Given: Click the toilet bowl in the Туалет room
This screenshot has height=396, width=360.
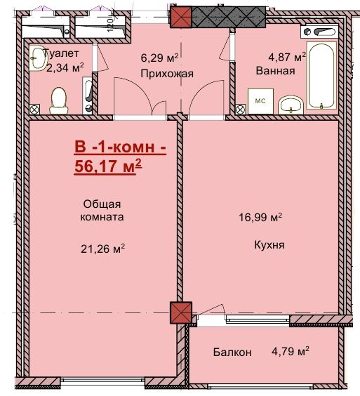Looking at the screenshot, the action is click(58, 100).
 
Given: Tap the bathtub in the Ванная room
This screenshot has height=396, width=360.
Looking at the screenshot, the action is click(321, 76).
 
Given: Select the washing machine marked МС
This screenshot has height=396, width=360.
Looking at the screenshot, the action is click(260, 101).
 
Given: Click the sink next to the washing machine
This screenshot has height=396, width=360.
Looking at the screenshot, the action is click(291, 105).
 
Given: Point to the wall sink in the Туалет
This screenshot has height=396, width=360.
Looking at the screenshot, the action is click(39, 58).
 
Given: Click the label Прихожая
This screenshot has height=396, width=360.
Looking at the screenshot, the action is click(167, 74).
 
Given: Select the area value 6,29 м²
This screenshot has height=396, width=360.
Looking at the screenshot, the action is click(159, 58).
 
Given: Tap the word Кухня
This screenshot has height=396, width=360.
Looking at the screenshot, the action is click(269, 245).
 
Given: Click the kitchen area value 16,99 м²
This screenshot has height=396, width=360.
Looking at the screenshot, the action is click(260, 217).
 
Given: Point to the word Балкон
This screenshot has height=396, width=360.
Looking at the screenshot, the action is click(232, 352).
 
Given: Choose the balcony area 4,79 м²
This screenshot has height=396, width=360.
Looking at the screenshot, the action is click(291, 351).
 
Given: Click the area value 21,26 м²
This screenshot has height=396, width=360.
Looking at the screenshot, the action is click(102, 249).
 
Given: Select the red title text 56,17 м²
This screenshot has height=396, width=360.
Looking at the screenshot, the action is click(108, 166).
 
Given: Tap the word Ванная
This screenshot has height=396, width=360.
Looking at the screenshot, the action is click(275, 70).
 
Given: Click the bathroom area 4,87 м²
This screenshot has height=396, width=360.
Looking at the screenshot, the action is click(287, 57).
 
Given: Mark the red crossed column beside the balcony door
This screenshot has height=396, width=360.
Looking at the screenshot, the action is click(181, 312).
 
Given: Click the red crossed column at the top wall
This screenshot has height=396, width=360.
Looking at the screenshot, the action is click(181, 17).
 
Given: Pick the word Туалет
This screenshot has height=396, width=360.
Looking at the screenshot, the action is click(61, 53).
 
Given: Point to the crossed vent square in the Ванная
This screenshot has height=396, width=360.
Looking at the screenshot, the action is click(241, 110).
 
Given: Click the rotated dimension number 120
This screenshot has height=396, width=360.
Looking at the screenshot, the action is click(110, 25).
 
